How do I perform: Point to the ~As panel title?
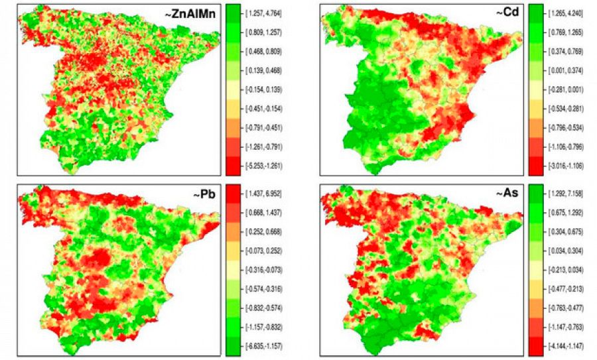pos(505,197)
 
